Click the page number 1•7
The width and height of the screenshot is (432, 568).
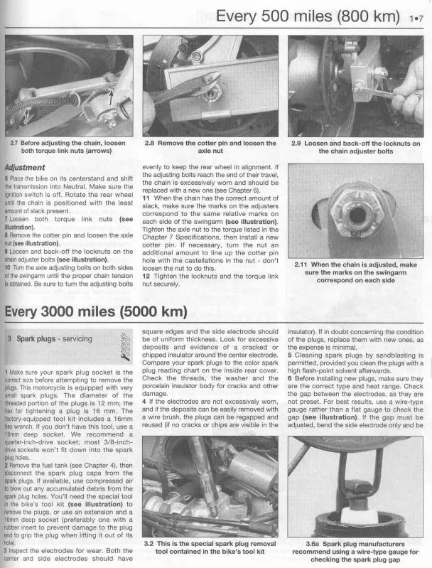coord(416,18)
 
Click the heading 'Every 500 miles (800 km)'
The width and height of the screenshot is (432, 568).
coord(308,16)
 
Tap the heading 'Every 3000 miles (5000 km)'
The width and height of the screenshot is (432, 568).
coord(96,311)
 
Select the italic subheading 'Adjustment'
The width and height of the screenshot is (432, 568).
coord(25,168)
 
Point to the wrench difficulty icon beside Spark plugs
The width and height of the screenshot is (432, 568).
coord(125,347)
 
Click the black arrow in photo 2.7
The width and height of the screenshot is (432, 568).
coord(112,97)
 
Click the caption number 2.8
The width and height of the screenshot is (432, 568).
coord(149,143)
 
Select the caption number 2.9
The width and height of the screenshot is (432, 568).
coord(296,144)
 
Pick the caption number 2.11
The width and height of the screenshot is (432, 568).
coord(301,264)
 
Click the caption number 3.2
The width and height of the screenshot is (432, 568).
coord(148,544)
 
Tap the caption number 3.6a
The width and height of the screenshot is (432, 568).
coord(312,544)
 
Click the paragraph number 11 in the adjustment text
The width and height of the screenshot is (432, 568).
coord(146,198)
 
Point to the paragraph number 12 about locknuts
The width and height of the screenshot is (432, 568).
coord(146,277)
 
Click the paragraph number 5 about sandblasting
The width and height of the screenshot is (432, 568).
coord(290,355)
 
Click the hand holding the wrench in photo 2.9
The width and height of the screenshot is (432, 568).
coord(409,89)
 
